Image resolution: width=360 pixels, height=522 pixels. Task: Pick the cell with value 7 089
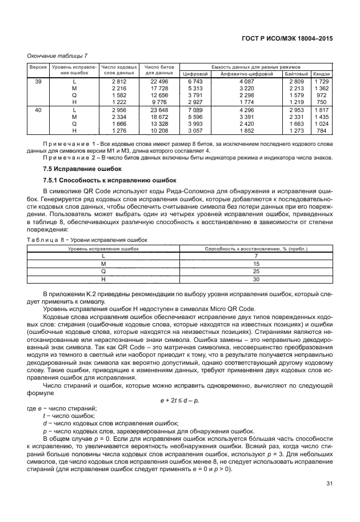[x=195, y=109]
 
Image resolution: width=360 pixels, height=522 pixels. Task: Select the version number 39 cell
[x=38, y=82]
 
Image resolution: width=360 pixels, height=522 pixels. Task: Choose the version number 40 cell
[x=38, y=109]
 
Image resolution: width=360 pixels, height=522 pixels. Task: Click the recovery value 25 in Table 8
[x=255, y=272]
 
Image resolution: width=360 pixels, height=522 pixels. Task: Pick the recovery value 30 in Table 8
[x=255, y=280]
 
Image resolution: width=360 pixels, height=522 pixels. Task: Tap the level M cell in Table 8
[x=103, y=265]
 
